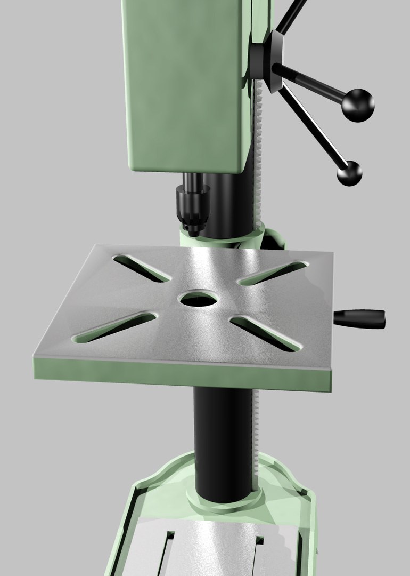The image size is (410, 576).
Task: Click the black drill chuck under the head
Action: [x=191, y=208]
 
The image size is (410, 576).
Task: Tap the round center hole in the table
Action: [x=199, y=299]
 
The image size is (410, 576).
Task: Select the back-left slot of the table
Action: [x=142, y=268]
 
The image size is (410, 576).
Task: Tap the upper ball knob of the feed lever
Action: [x=358, y=105]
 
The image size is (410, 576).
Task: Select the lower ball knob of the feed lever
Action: [x=349, y=173]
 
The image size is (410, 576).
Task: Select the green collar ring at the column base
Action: [x=224, y=501]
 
